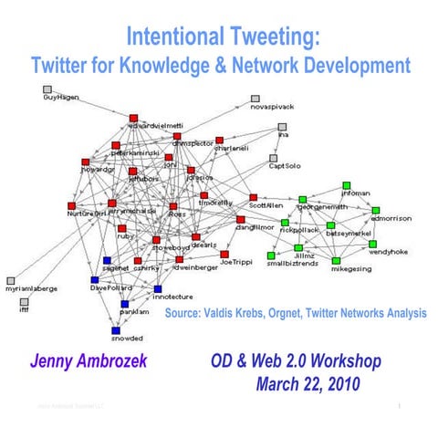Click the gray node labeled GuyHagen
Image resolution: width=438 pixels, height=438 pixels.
[x=47, y=89]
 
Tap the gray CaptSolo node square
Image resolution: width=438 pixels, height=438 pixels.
[x=270, y=156]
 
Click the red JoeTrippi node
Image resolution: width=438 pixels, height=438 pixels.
[x=224, y=254]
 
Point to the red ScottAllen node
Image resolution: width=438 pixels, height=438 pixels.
[x=253, y=196]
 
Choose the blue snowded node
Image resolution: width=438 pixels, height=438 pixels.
[x=116, y=329]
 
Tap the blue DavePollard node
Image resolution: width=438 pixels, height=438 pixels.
[x=94, y=279]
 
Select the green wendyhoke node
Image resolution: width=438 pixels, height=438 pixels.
[x=373, y=243]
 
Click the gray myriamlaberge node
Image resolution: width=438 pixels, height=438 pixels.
[x=11, y=280]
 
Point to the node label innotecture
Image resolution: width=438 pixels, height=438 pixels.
[x=172, y=297]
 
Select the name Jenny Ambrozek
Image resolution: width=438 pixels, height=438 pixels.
[x=89, y=362]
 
